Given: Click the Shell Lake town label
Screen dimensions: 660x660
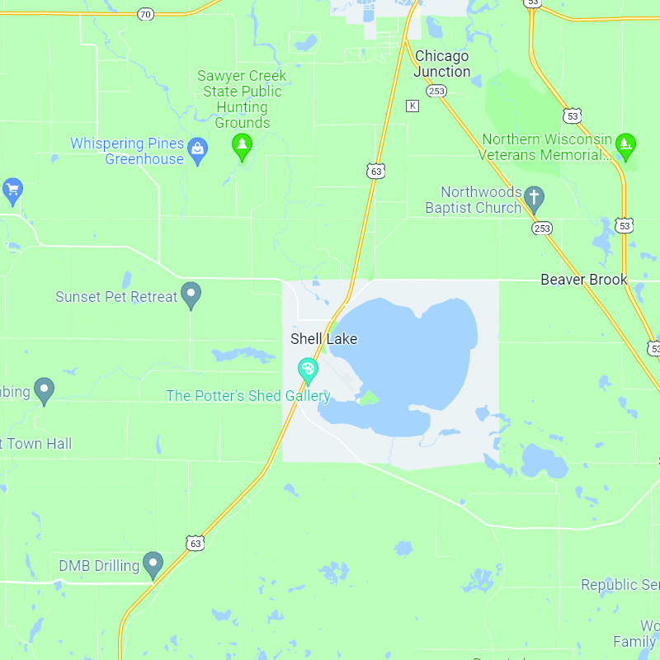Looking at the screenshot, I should tap(323, 339).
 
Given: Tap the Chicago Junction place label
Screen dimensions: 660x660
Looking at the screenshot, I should tap(442, 64).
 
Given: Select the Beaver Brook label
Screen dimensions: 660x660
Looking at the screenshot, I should tap(584, 280).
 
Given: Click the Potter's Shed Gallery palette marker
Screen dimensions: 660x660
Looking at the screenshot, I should tap(309, 369).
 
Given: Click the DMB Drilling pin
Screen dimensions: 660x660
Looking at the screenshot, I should tap(153, 563).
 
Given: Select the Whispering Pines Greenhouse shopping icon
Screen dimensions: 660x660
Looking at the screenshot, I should tap(198, 149).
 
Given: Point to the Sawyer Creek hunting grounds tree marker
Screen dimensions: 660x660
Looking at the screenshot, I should tap(242, 145).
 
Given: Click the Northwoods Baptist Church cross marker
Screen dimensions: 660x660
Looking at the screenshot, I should tap(535, 197).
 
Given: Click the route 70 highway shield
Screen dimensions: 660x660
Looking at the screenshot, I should tap(145, 14).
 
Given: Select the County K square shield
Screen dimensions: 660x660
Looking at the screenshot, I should tap(412, 106).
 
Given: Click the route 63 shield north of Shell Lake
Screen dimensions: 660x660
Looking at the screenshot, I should tap(376, 172).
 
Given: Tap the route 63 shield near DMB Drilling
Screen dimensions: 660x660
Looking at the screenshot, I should tap(195, 543).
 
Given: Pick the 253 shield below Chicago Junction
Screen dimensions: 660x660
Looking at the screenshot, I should tap(437, 91).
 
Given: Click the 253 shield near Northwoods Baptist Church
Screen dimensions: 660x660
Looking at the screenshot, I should tap(542, 228).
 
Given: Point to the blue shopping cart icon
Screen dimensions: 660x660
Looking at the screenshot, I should tap(12, 190).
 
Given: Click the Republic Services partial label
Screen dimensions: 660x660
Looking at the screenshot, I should tap(620, 585).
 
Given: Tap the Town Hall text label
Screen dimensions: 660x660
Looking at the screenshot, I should tap(36, 444).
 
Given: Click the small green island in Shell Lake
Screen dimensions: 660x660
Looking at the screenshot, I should tap(367, 398).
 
